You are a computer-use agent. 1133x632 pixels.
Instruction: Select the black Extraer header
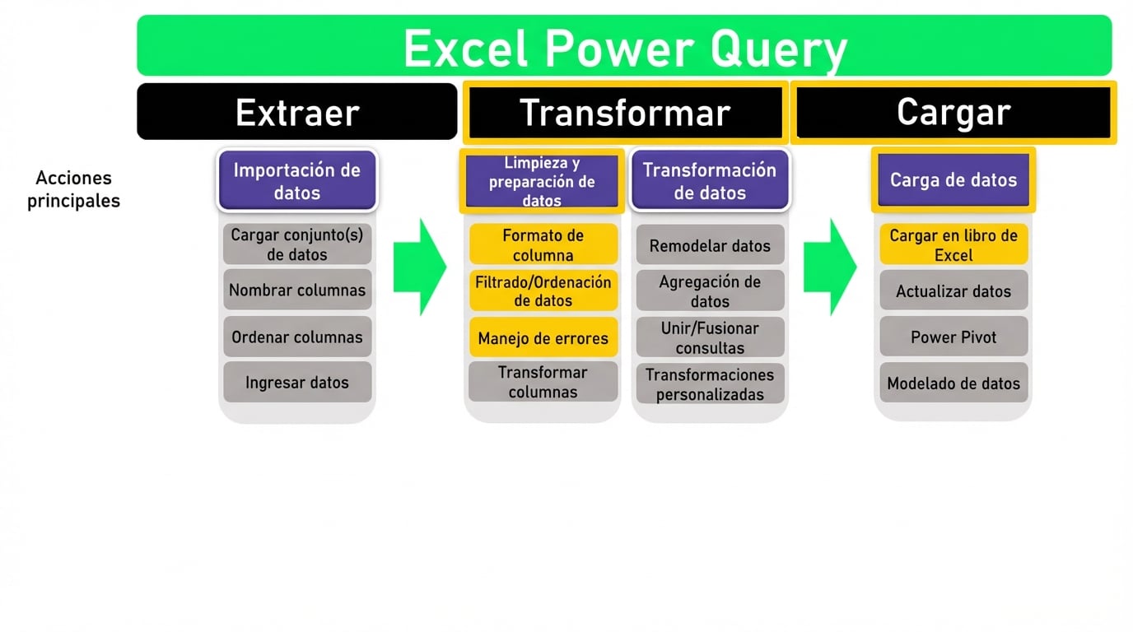(296, 112)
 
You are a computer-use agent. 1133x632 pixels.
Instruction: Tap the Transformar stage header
(623, 113)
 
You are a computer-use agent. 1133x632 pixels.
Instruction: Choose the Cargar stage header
(953, 112)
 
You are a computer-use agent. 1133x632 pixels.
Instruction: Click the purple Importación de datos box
(296, 181)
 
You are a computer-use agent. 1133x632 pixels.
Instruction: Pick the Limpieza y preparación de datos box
(542, 181)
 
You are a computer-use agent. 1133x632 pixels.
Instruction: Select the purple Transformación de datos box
(709, 181)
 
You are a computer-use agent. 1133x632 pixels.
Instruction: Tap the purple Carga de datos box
(953, 180)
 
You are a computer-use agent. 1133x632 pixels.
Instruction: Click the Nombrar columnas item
(296, 290)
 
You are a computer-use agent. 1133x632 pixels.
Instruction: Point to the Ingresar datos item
(296, 382)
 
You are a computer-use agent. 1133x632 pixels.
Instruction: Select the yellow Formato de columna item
(543, 244)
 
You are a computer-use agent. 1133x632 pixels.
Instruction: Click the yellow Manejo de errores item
(543, 337)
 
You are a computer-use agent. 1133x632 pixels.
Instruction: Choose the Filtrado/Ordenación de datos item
(543, 291)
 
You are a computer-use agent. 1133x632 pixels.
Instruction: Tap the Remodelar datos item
(710, 245)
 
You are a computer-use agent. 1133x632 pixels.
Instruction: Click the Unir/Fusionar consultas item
(710, 337)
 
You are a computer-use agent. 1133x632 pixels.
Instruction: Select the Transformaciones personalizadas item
(710, 383)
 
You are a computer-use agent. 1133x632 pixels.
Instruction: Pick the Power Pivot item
(953, 337)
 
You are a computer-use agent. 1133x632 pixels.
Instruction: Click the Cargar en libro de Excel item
(953, 244)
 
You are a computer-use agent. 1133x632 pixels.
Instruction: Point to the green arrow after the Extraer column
(418, 267)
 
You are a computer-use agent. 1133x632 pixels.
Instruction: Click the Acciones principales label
(73, 189)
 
